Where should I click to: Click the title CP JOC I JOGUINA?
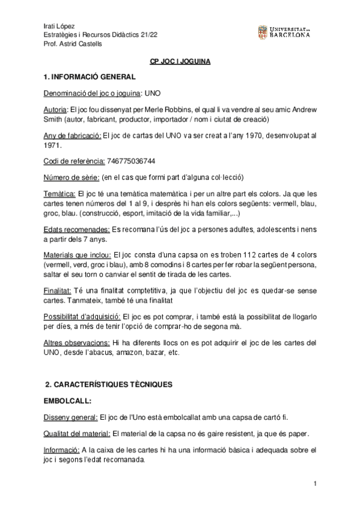click(x=179, y=62)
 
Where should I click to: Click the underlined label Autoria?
click(x=56, y=111)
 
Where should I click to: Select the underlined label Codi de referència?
click(x=74, y=161)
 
